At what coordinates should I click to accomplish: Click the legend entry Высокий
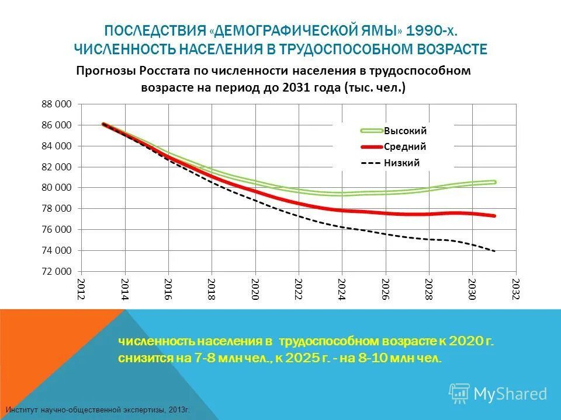[x=405, y=131]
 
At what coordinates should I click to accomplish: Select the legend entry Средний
[x=404, y=147]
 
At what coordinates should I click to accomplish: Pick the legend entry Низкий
[x=401, y=163]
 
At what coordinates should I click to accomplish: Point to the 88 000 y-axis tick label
[x=56, y=104]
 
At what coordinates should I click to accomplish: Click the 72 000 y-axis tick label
[x=56, y=272]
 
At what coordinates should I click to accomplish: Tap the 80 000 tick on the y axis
[x=56, y=188]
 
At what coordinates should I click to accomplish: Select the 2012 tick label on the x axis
[x=82, y=289]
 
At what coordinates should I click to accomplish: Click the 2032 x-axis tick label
[x=515, y=289]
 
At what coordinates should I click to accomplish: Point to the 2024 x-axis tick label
[x=342, y=289]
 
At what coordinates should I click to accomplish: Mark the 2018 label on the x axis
[x=212, y=289]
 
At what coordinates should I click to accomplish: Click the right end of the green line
[x=494, y=182]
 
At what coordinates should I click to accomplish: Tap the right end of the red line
[x=494, y=216]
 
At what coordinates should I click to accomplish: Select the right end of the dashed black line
[x=495, y=251]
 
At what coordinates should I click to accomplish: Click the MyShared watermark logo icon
[x=459, y=393]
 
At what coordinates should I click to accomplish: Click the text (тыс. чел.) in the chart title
[x=376, y=87]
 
